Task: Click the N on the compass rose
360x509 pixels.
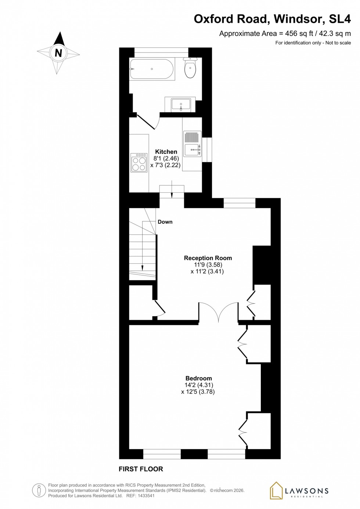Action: (x=58, y=53)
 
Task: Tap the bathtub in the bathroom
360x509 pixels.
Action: (x=152, y=69)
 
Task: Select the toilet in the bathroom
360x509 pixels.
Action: (x=190, y=69)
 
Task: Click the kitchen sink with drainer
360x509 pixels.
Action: (x=192, y=144)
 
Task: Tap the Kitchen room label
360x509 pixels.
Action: (x=166, y=152)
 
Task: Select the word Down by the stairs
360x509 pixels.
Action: (x=165, y=222)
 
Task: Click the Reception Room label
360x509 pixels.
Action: (x=208, y=258)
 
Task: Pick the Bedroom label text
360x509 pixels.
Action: (x=198, y=378)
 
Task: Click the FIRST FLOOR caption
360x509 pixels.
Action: (x=141, y=469)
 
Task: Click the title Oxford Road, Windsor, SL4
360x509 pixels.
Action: (x=272, y=19)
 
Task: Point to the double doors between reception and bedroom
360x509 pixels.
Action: (x=218, y=312)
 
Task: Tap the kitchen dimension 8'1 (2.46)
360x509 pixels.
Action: (x=166, y=159)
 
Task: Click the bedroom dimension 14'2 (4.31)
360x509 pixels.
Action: (x=198, y=385)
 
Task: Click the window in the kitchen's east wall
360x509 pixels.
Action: (x=207, y=149)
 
